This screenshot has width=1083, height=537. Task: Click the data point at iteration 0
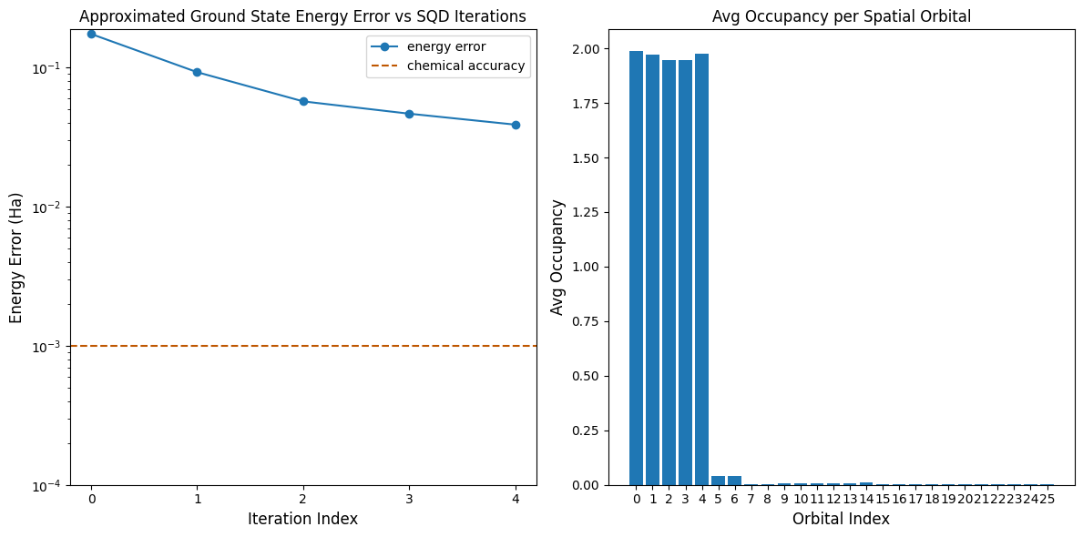click(x=91, y=34)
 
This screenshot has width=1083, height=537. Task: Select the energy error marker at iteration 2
click(x=303, y=101)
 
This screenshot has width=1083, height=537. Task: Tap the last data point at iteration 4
click(x=516, y=125)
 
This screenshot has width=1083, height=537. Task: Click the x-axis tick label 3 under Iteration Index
click(x=409, y=499)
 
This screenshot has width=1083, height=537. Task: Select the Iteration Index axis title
click(x=302, y=519)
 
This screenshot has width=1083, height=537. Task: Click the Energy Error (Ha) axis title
click(x=16, y=258)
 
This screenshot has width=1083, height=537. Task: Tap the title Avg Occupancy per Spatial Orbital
click(x=843, y=16)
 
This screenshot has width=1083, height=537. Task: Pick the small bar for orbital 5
click(x=718, y=481)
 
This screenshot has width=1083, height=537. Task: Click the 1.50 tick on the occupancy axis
click(x=605, y=158)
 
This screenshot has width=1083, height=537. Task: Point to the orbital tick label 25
click(x=1047, y=499)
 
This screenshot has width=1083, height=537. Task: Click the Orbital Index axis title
click(x=841, y=519)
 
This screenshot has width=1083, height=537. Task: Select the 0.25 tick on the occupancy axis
click(x=605, y=431)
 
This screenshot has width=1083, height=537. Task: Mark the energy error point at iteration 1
click(x=197, y=72)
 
